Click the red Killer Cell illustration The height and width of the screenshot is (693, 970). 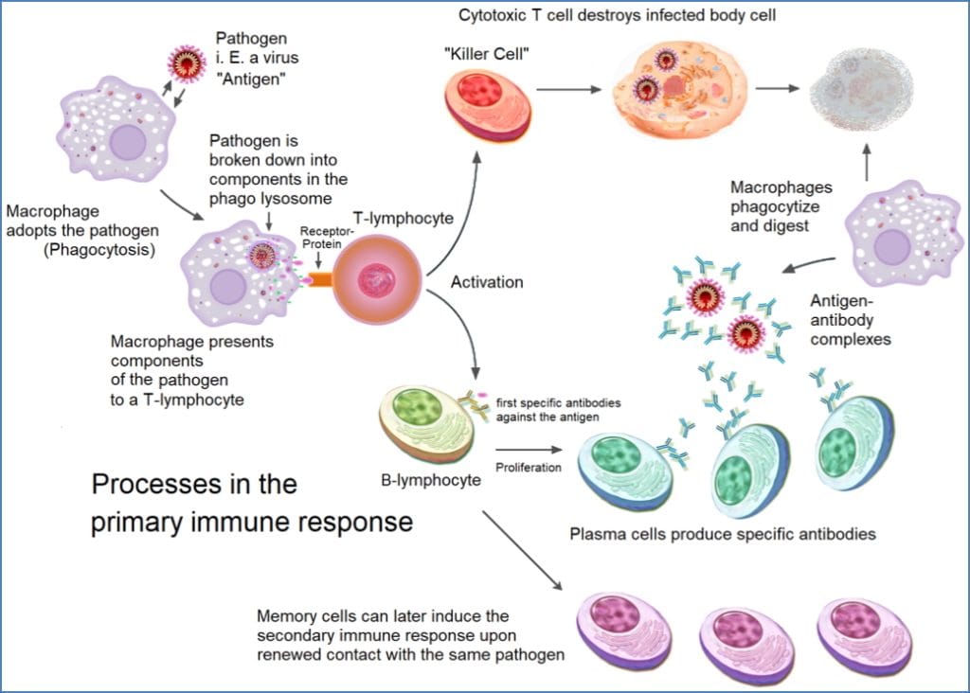click(x=486, y=106)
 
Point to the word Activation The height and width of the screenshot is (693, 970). click(x=487, y=281)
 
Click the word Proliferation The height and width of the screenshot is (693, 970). click(x=527, y=467)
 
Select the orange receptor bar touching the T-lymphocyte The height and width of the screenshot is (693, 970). click(x=317, y=280)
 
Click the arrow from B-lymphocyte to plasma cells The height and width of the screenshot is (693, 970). click(x=531, y=452)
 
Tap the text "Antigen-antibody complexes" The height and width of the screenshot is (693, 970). click(x=851, y=319)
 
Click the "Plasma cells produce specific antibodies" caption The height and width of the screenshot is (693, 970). click(x=722, y=534)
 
